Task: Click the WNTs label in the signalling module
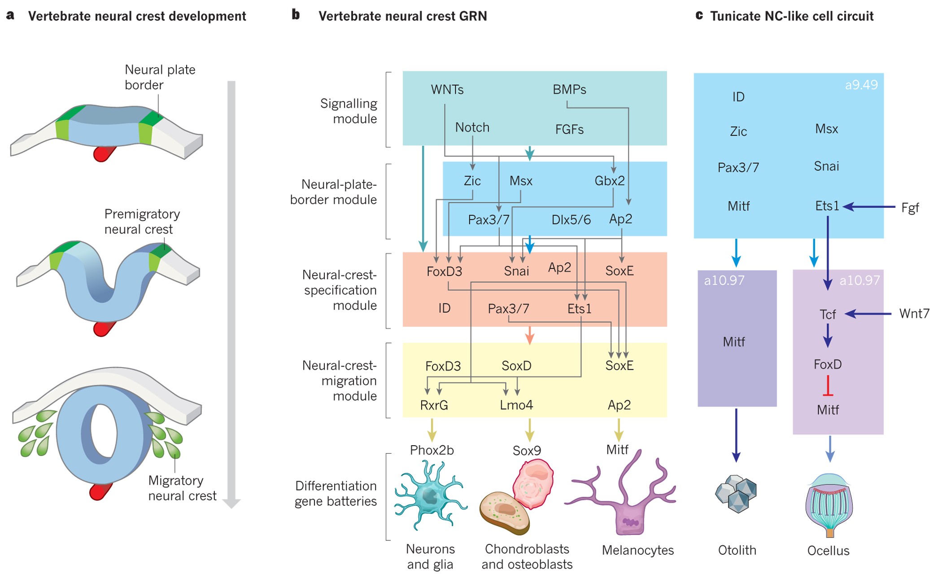[447, 90]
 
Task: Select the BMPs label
[569, 90]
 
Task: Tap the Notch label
[472, 127]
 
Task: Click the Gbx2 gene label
[610, 181]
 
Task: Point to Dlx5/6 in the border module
[571, 220]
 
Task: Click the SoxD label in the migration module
[516, 366]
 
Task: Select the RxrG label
[434, 405]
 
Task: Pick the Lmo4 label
[516, 405]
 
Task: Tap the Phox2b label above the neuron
[432, 450]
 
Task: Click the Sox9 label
[527, 451]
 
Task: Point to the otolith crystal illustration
[736, 494]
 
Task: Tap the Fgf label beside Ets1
[910, 208]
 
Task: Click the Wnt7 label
[914, 314]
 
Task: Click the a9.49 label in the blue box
[861, 85]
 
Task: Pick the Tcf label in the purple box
[827, 315]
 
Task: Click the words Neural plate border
[159, 77]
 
